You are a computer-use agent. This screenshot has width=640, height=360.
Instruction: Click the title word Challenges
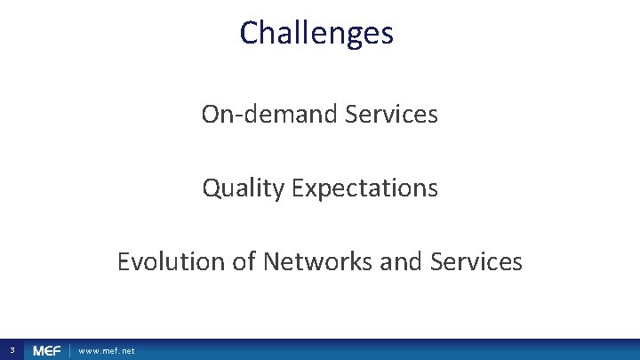pos(316,34)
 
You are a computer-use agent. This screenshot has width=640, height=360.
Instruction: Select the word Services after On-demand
pos(394,115)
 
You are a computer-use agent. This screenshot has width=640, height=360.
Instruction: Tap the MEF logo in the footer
pos(46,351)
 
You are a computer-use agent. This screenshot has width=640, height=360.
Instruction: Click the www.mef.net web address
pos(107,351)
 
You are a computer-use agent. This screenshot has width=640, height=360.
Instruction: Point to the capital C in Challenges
pos(250,34)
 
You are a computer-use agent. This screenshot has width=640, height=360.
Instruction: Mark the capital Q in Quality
pos(212,188)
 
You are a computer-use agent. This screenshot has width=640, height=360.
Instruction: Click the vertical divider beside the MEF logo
pos(69,351)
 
